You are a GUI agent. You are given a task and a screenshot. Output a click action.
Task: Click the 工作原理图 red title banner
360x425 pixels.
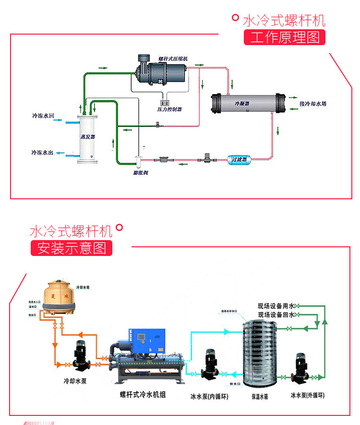coord(284,37)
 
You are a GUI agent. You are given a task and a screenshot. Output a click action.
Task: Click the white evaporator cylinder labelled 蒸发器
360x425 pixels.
coord(88,137)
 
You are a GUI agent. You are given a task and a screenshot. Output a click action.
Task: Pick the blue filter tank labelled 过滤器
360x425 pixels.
coord(239,159)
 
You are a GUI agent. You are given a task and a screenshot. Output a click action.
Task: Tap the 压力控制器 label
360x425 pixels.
coord(169,109)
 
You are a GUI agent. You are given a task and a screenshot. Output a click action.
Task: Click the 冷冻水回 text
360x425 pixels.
coord(43,116)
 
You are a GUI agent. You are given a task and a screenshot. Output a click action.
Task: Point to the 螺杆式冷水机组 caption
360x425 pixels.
coord(143,395)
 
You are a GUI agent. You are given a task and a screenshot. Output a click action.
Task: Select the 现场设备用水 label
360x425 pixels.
coord(276,306)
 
